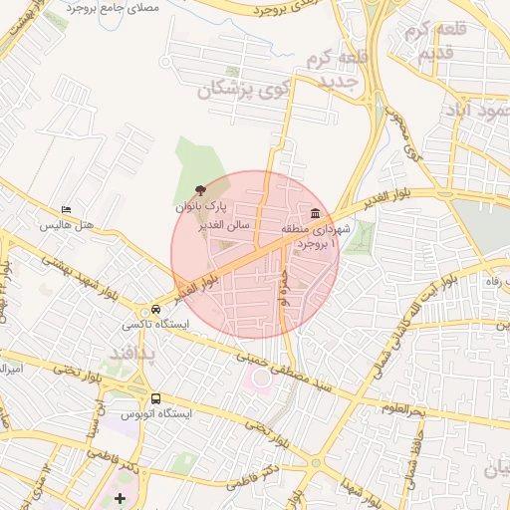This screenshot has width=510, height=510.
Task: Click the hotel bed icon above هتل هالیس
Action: (x=67, y=209)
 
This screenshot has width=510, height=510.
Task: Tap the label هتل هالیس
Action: (x=67, y=225)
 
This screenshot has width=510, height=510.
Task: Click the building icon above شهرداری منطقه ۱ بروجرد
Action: (x=316, y=212)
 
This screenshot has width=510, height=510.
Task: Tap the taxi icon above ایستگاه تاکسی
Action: (x=155, y=309)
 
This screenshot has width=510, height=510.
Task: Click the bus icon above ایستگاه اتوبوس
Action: (x=154, y=397)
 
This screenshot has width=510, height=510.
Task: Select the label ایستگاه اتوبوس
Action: (x=155, y=412)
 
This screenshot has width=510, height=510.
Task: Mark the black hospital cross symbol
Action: (x=121, y=498)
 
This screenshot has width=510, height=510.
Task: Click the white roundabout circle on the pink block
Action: (x=261, y=380)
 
